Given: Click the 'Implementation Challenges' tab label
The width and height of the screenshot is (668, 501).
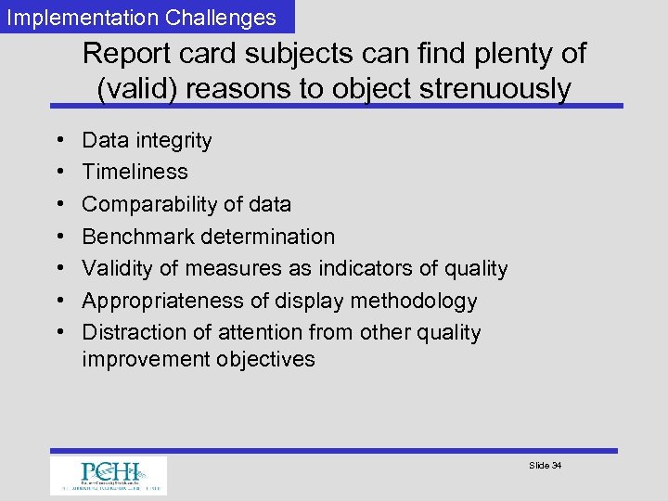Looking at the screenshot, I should pyautogui.click(x=142, y=17).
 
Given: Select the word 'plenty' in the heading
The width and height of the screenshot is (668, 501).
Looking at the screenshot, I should pyautogui.click(x=499, y=53).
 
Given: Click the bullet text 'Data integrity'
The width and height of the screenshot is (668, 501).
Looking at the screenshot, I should pyautogui.click(x=147, y=140).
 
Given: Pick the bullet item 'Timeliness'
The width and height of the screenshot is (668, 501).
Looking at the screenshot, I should pyautogui.click(x=135, y=172).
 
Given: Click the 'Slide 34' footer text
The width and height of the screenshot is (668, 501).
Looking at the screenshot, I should pyautogui.click(x=545, y=465).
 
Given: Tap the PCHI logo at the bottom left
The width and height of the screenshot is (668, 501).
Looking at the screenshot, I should pyautogui.click(x=109, y=475).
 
